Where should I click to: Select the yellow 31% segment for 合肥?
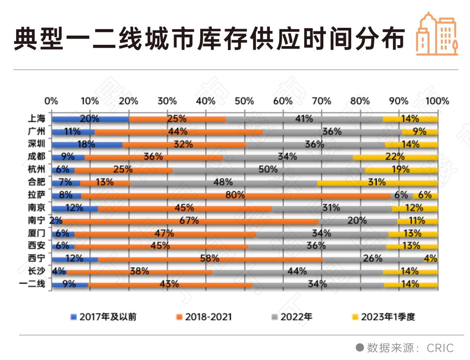tap(377, 183)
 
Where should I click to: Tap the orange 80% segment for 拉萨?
tap(235, 195)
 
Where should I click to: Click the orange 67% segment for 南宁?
tap(189, 221)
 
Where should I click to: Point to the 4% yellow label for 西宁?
tap(430, 259)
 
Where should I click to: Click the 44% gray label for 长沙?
tap(297, 271)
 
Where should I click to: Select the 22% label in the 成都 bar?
tap(395, 157)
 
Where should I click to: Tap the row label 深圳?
tap(36, 144)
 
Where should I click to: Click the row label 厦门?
tap(36, 233)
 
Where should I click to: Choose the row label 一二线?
tap(33, 285)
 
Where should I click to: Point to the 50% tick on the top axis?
tap(244, 101)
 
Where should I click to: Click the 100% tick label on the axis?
tap(437, 101)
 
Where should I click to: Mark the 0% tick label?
tap(51, 101)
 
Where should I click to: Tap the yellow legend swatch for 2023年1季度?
tap(355, 317)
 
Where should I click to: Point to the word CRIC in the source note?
tap(440, 348)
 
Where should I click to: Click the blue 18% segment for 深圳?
tap(87, 144)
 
